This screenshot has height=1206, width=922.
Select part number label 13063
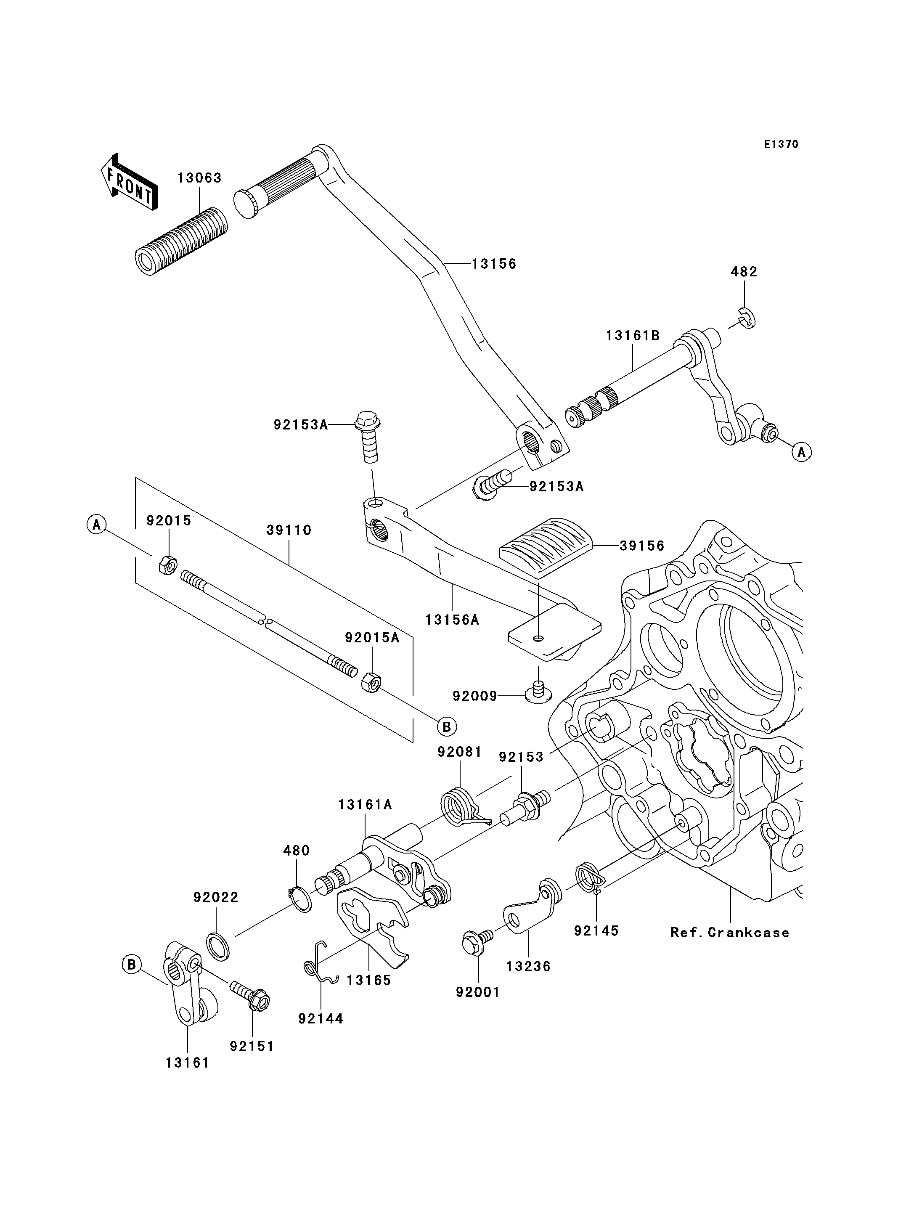click(x=199, y=178)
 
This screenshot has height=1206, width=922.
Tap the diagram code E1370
click(x=781, y=144)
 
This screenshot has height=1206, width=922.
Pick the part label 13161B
click(x=632, y=335)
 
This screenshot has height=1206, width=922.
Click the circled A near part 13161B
click(x=801, y=452)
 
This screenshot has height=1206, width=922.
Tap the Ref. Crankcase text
click(x=729, y=932)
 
